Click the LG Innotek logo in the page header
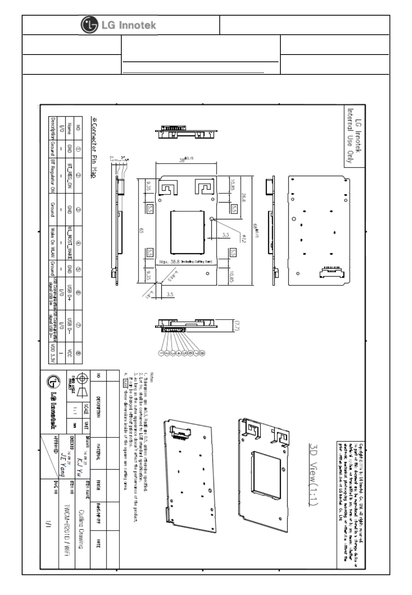click(x=119, y=25)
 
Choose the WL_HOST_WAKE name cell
click(x=69, y=243)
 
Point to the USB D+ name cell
click(x=69, y=293)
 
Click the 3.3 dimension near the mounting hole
click(x=225, y=235)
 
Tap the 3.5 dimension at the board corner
click(x=171, y=294)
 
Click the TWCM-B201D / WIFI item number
click(x=67, y=529)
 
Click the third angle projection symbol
click(x=80, y=386)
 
